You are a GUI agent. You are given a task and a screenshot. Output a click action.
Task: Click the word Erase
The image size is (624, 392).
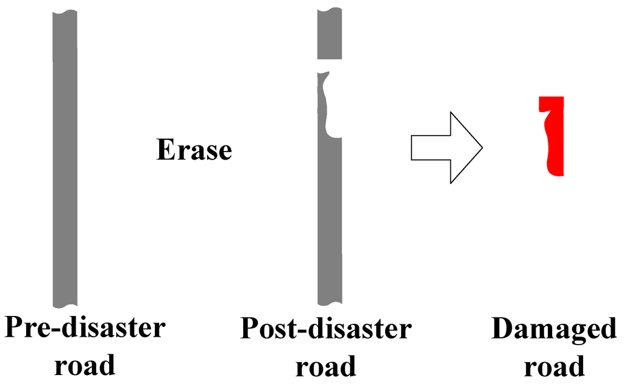point(194,150)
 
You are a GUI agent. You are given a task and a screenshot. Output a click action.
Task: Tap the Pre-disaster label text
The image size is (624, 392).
point(85,329)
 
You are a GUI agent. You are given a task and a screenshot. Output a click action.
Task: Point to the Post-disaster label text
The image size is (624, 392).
point(326,329)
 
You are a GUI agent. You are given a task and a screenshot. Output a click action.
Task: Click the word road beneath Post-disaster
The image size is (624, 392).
point(326,366)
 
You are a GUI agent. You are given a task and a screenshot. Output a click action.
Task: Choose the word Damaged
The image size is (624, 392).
point(554,329)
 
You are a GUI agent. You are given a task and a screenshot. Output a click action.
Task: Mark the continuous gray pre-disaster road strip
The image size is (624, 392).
point(65,158)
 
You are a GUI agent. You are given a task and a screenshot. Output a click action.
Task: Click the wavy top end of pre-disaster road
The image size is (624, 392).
point(65,13)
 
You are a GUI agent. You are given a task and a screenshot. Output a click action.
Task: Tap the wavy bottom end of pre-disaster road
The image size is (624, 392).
point(65,303)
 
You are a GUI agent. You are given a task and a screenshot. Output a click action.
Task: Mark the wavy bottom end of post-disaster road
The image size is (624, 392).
point(330,301)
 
